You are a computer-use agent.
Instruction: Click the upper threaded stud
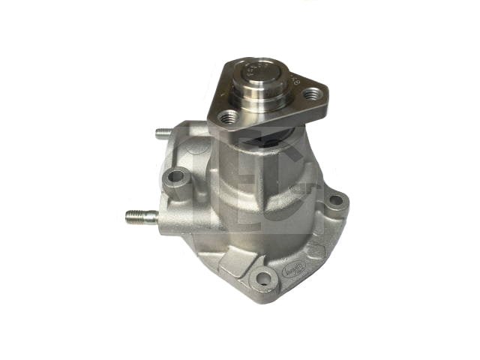(x=163, y=135)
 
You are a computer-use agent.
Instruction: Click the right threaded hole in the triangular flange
(x=313, y=95)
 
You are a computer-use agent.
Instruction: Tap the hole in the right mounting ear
(x=336, y=201)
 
